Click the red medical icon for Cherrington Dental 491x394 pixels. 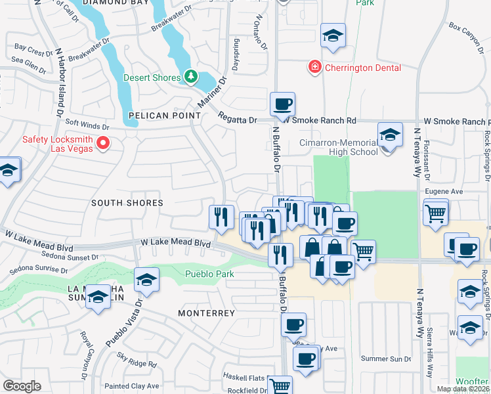click(315, 67)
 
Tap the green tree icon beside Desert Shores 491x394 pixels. click(190, 77)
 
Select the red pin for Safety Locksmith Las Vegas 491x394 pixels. click(102, 142)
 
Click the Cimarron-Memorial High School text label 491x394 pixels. click(330, 146)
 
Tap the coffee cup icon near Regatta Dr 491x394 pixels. click(283, 104)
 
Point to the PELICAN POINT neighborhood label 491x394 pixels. click(164, 116)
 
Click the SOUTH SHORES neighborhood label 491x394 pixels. click(127, 203)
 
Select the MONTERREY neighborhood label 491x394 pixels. click(206, 313)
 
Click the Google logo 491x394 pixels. click(22, 385)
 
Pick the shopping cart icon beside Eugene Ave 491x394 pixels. click(436, 213)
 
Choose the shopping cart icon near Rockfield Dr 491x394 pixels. click(280, 386)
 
